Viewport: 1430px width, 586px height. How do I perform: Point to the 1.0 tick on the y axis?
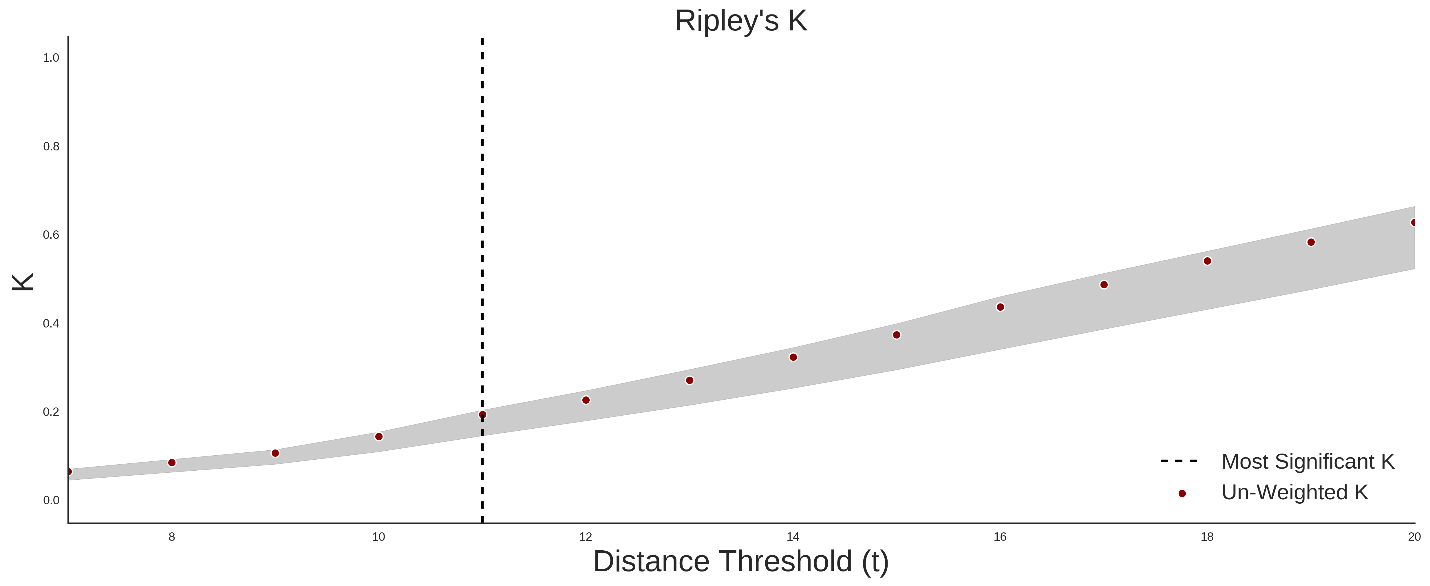51,58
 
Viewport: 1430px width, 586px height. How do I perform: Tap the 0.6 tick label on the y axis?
51,235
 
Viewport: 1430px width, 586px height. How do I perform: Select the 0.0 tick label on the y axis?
51,501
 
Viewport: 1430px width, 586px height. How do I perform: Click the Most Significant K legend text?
1308,462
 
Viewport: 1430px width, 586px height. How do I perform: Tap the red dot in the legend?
1182,493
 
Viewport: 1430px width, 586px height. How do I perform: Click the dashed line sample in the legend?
1179,461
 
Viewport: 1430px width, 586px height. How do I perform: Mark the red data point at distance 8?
171,463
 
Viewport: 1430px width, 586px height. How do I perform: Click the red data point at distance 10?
378,436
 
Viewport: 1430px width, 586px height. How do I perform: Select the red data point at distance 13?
690,381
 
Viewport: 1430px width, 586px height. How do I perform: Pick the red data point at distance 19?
1311,242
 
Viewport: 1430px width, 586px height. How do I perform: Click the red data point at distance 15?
897,335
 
